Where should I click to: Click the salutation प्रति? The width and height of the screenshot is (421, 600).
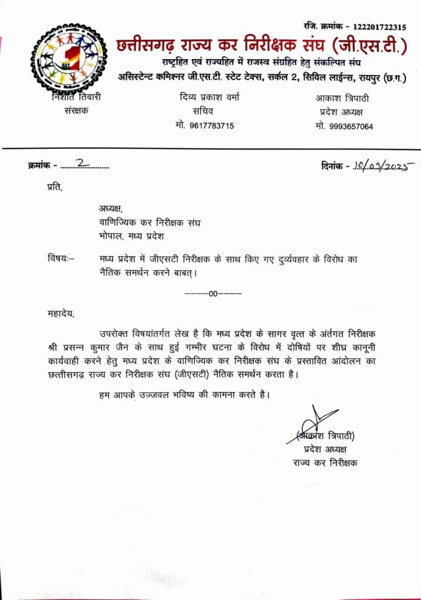[x=53, y=187]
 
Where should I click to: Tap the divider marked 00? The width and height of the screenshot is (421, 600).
[x=213, y=293]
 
